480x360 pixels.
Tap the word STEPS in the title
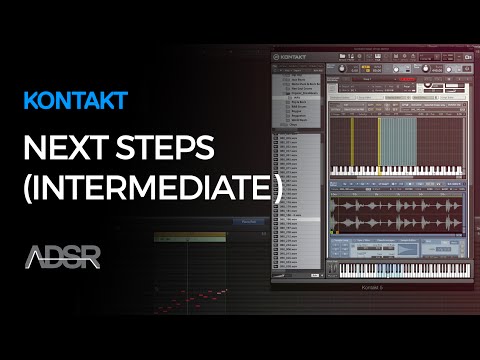point(166,152)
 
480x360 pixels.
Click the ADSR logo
point(62,256)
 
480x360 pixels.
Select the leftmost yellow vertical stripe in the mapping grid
point(351,135)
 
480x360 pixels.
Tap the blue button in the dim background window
point(243,221)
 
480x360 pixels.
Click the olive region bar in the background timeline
point(190,236)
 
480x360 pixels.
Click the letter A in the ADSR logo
point(34,257)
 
